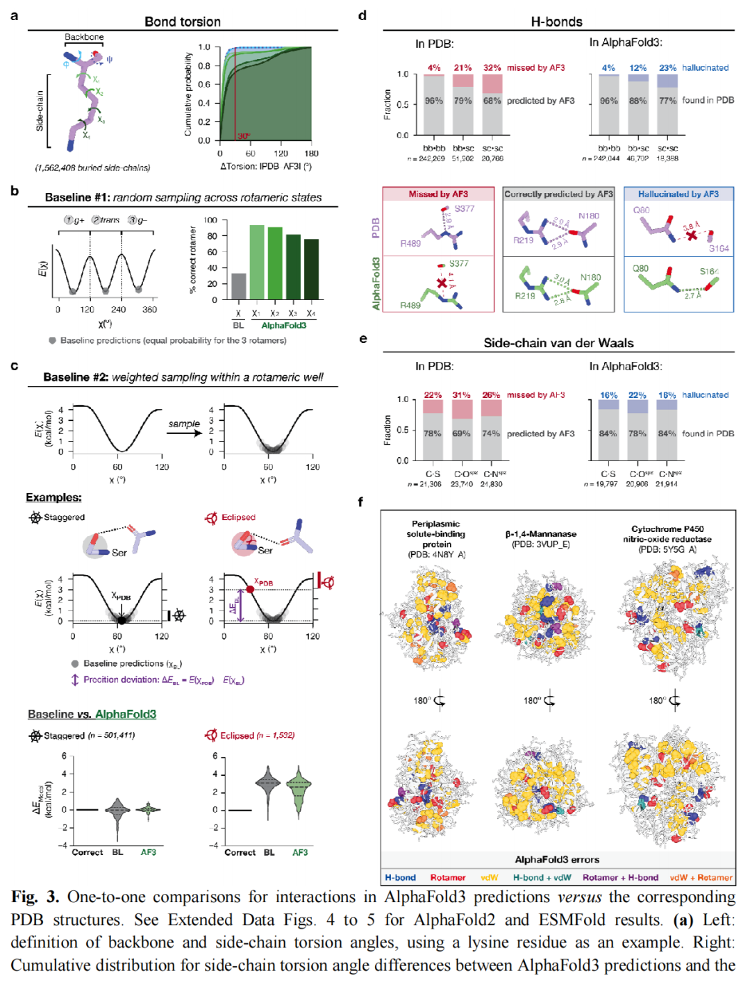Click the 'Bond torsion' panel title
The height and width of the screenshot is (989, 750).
tap(183, 22)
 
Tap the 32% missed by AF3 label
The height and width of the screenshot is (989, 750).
tap(492, 68)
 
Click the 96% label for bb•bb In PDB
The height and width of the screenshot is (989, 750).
tap(434, 101)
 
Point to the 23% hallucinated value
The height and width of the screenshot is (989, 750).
tap(667, 68)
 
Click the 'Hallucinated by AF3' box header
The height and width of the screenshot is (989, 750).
tap(678, 194)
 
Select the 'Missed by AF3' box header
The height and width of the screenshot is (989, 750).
tap(438, 194)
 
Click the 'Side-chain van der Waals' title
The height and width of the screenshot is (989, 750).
tap(558, 343)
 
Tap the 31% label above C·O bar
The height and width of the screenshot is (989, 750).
tap(462, 395)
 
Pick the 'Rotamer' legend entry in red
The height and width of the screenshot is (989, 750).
tap(448, 878)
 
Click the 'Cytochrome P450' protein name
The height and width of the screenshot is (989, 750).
tap(667, 529)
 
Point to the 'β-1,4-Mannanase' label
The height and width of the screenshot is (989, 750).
tap(541, 534)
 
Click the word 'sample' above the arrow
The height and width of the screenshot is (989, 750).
tap(184, 424)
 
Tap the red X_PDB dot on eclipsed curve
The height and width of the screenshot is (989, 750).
tap(250, 589)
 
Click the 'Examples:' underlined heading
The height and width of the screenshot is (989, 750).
tap(53, 497)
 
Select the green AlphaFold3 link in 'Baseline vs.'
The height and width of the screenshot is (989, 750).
tap(126, 714)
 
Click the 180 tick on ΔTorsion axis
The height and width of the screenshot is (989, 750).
tap(311, 153)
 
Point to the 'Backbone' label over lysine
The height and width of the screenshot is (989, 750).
tap(84, 37)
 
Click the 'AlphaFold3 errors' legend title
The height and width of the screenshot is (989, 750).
tap(557, 860)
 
